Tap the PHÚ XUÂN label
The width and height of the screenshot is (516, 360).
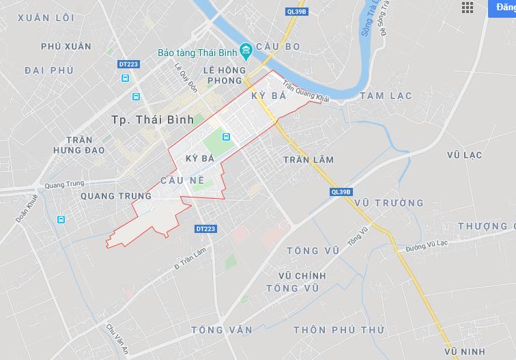(x=66, y=46)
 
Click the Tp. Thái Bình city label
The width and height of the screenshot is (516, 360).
(x=152, y=120)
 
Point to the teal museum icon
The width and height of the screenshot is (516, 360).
(x=246, y=52)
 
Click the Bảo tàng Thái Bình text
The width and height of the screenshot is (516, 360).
(x=205, y=52)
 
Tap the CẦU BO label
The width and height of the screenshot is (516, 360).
(x=278, y=46)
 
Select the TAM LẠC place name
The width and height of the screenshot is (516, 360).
(x=386, y=96)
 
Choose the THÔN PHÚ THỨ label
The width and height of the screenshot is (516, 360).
(x=339, y=330)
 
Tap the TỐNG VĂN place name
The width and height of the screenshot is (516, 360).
(x=222, y=330)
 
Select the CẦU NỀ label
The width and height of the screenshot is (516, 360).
(x=182, y=180)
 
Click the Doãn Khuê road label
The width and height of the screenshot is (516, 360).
(x=27, y=208)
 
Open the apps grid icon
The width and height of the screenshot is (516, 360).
(x=468, y=8)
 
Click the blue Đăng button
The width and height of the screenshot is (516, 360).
(x=506, y=7)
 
